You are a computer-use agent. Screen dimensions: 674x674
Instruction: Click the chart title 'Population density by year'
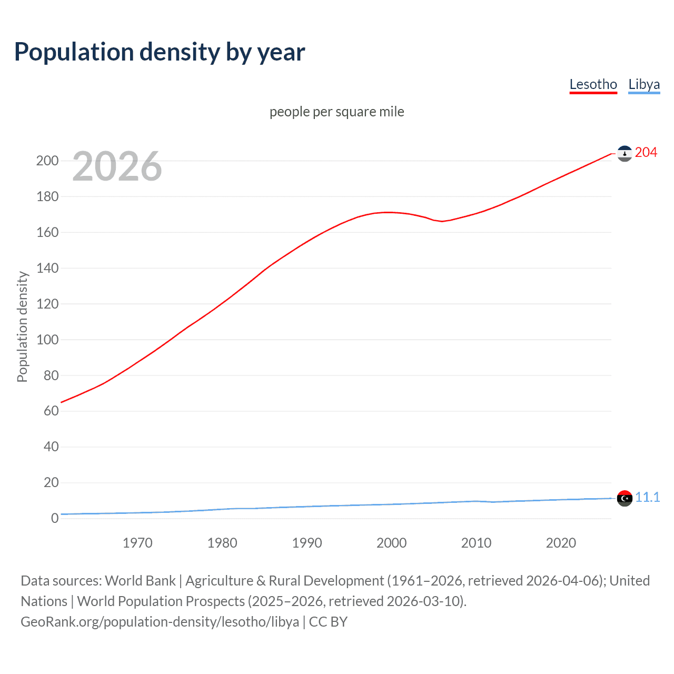coord(160,52)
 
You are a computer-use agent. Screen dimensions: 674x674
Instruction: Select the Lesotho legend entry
coord(593,84)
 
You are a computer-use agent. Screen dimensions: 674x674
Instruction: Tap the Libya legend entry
coord(643,84)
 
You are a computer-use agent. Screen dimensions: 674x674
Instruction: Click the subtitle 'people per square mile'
coord(336,112)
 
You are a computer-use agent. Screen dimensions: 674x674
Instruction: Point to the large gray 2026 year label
coord(117,166)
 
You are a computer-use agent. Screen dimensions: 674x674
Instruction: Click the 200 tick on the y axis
coord(47,161)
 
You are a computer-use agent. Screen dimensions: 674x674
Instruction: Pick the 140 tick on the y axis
coord(47,268)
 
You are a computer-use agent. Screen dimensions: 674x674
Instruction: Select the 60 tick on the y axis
coord(51,411)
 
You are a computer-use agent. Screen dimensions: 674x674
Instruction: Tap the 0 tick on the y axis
coord(54,518)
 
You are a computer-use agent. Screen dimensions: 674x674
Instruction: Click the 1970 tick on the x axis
coord(137,543)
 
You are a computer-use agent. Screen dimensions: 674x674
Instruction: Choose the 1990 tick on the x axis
coord(307,543)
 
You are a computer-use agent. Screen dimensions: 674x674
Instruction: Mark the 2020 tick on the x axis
coord(561,543)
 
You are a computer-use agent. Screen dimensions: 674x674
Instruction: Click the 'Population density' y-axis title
coord(22,326)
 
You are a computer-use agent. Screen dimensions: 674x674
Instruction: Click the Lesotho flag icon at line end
coord(625,153)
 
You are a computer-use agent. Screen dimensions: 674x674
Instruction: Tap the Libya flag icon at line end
coord(625,498)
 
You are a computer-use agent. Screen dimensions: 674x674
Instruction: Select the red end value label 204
coord(646,153)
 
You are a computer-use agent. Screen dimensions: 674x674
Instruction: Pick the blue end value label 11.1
coord(647,497)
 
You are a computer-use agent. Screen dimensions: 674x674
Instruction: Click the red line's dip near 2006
coord(442,221)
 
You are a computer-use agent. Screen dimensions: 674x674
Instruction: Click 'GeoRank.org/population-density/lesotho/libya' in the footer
coord(160,622)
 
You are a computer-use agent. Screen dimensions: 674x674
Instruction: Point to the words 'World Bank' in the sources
coord(140,581)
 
